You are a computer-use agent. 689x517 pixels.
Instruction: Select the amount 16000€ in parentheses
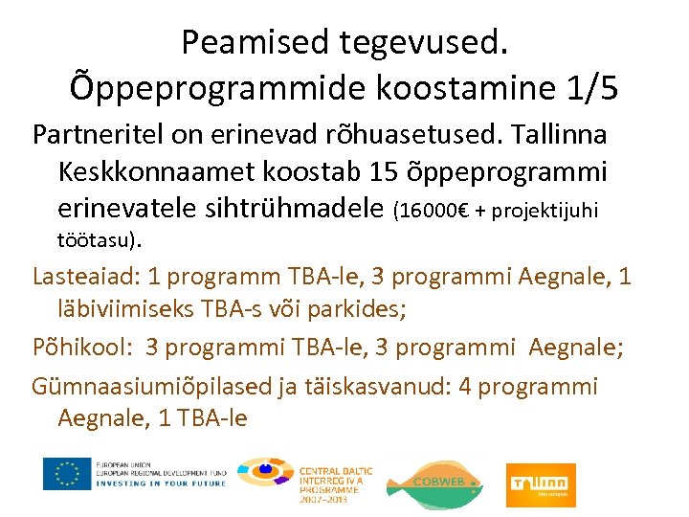(x=442, y=211)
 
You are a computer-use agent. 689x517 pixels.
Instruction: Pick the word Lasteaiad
(x=83, y=278)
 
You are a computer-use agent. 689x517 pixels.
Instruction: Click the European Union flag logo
(x=66, y=474)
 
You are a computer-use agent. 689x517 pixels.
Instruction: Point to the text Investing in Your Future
(x=161, y=483)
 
